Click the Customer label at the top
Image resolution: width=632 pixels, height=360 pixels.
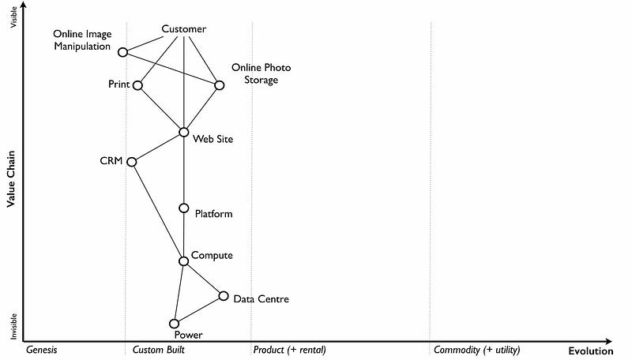[184, 29]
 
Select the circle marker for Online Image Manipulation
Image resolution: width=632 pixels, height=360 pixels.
[122, 52]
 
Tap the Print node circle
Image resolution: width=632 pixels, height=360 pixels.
[138, 85]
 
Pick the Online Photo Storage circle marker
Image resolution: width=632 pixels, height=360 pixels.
[220, 85]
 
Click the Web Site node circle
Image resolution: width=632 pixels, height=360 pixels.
[184, 132]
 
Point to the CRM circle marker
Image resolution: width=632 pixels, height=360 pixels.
[132, 162]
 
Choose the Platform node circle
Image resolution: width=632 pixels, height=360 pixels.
[184, 208]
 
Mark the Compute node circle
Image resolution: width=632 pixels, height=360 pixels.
[184, 261]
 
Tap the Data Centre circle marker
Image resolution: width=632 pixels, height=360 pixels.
[224, 296]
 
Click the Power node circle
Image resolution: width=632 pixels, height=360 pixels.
[175, 323]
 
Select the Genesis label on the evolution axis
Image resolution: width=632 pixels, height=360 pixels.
[42, 350]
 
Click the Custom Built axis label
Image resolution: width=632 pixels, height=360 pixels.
[158, 350]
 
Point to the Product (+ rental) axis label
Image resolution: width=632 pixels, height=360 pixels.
[290, 350]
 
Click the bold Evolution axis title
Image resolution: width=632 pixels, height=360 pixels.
[591, 351]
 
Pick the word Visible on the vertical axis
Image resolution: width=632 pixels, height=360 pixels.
[12, 17]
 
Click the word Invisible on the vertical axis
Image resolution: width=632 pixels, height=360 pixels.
[12, 325]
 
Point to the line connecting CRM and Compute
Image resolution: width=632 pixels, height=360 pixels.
[157, 211]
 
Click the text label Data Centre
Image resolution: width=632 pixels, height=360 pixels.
[261, 299]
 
